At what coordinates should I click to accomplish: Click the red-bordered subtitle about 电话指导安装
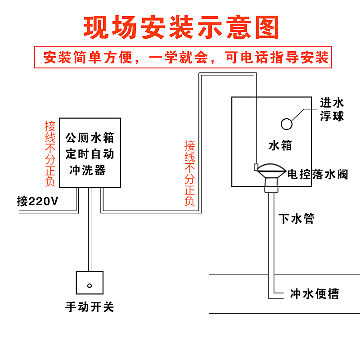183,58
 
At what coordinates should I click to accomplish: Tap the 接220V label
38,201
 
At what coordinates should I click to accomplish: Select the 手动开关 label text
90,307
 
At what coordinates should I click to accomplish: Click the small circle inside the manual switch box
90,285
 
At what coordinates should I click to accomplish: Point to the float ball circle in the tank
286,123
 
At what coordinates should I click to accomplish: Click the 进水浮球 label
332,109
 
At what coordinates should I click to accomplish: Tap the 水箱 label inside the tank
280,145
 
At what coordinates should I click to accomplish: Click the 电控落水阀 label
318,174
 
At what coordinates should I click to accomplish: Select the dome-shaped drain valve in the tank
270,170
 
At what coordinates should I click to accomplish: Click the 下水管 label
297,219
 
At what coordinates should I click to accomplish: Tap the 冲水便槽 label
315,294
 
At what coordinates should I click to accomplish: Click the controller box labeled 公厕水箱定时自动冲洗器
90,153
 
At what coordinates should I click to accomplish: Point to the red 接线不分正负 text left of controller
50,153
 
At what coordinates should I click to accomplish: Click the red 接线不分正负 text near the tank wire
190,173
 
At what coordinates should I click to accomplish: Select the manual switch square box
90,282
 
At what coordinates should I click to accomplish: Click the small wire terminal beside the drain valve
256,167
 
